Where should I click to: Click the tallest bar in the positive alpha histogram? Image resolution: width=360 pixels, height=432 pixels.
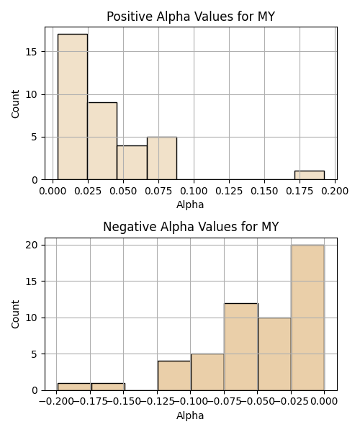pos(73,107)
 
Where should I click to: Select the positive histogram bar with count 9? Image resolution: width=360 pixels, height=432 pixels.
pos(102,141)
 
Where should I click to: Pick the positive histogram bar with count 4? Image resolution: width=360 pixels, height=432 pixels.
pos(132,163)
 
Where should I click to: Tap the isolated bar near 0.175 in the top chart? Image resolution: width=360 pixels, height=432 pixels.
pos(310,176)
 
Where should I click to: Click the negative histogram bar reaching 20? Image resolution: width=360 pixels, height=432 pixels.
pos(307,318)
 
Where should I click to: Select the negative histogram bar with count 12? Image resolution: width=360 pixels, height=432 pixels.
pos(241,347)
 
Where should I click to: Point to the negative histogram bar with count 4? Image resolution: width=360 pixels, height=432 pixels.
pos(174,376)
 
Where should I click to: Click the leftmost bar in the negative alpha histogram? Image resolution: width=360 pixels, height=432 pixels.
pos(74,387)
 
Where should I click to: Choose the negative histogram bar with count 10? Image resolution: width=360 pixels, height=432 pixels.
pos(274,354)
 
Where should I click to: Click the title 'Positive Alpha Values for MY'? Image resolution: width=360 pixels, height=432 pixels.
pos(191,17)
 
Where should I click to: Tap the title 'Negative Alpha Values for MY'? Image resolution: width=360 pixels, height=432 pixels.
pos(191,227)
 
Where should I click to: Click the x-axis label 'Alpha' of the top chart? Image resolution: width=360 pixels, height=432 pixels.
pos(190,204)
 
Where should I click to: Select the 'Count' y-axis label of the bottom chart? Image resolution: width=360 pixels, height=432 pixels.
pos(15,314)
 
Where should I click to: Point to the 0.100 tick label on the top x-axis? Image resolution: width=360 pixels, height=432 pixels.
pos(194,191)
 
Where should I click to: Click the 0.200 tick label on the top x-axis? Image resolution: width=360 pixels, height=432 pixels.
pos(335,191)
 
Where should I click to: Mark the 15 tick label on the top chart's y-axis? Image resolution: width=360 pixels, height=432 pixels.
pos(32,52)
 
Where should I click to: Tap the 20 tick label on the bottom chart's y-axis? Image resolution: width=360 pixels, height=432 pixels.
pos(32,246)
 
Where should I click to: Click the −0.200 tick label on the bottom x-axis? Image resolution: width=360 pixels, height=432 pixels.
pos(56,402)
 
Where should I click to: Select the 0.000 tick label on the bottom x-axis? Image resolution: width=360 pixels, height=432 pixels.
pos(324,402)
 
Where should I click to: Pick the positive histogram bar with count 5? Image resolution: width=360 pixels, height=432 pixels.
pos(162,158)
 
